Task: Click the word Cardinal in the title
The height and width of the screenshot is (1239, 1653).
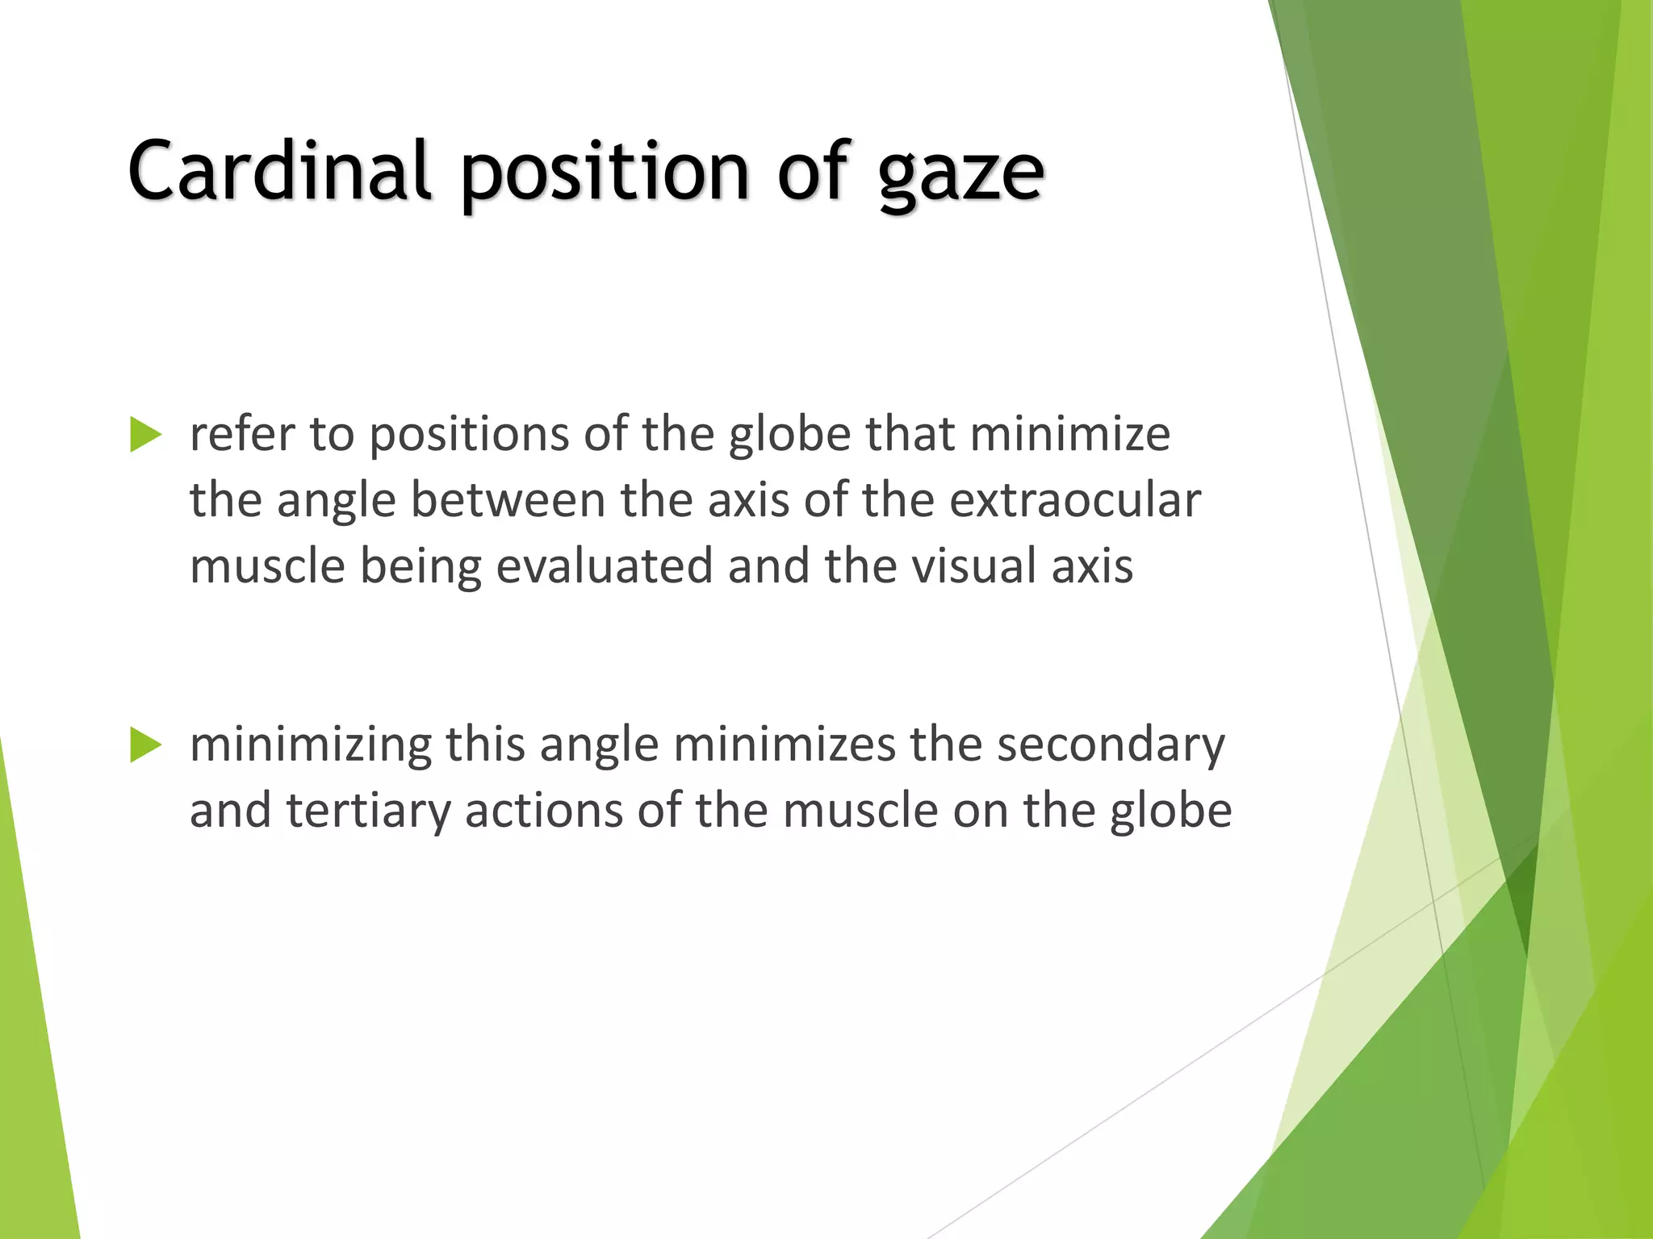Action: click(278, 171)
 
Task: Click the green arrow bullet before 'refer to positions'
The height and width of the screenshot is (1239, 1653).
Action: click(145, 436)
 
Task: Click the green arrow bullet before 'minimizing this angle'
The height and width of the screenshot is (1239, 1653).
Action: click(145, 745)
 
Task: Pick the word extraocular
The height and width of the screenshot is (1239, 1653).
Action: click(1074, 500)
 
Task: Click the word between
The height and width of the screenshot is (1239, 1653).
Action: click(508, 500)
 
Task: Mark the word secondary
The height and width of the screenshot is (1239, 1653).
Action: click(1110, 745)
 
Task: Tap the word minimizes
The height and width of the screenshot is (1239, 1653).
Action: click(784, 745)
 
